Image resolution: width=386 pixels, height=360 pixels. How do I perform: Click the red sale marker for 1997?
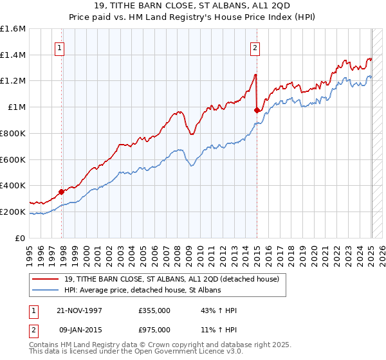tap(62, 191)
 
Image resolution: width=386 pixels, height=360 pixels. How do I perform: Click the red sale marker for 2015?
tap(257, 110)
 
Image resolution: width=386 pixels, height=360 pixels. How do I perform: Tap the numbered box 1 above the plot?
tap(59, 47)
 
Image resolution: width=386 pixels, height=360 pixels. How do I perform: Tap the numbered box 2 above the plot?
tap(255, 47)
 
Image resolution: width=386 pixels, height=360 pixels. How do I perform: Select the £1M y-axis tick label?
tap(17, 107)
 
